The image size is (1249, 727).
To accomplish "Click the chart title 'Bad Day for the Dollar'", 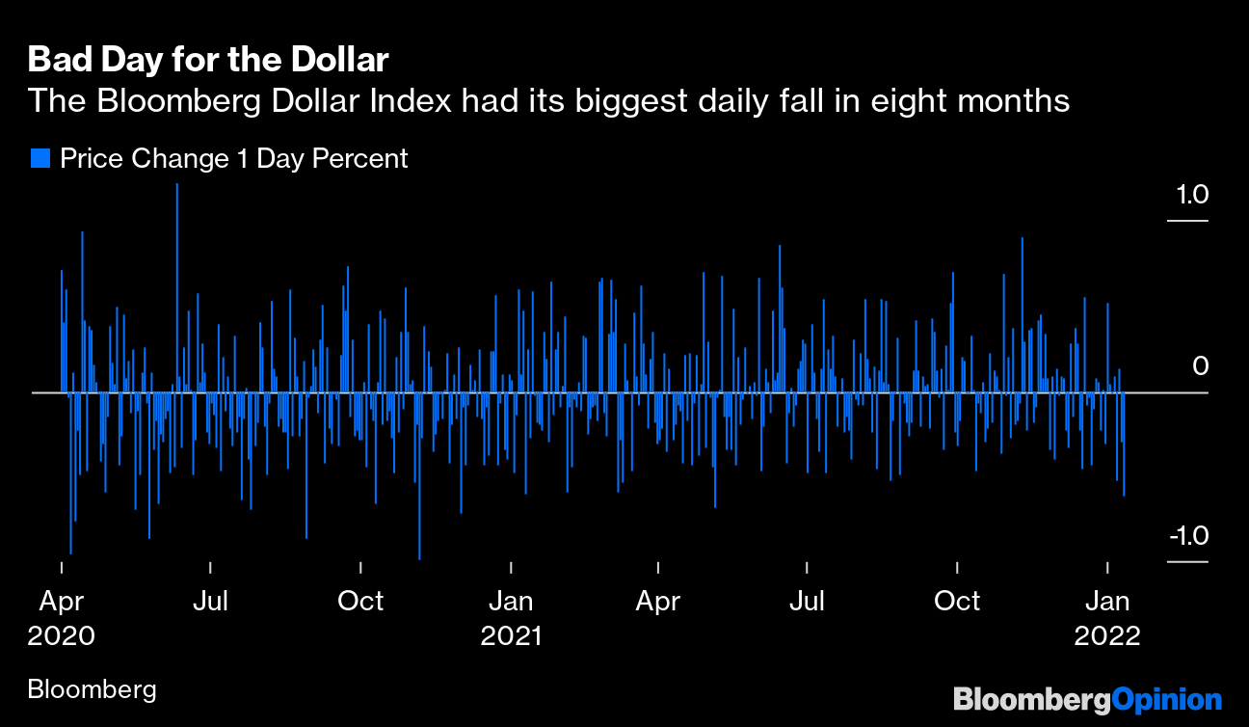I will pyautogui.click(x=208, y=60).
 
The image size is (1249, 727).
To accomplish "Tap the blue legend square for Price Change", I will pyautogui.click(x=40, y=158).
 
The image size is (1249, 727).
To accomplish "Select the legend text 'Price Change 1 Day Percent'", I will pyautogui.click(x=234, y=158).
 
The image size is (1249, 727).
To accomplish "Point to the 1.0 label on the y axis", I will pyautogui.click(x=1191, y=195).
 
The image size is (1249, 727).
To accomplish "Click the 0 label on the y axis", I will pyautogui.click(x=1200, y=366).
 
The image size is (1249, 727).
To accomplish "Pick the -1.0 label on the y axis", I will pyautogui.click(x=1188, y=536).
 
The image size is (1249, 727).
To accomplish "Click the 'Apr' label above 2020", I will pyautogui.click(x=62, y=601).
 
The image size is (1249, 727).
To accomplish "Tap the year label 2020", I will pyautogui.click(x=62, y=636).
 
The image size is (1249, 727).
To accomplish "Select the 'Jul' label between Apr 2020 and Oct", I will pyautogui.click(x=210, y=601).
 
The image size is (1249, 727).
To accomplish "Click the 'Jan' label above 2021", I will pyautogui.click(x=511, y=601).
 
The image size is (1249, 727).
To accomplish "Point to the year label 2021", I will pyautogui.click(x=511, y=636).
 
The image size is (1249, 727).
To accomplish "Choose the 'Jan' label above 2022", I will pyautogui.click(x=1107, y=601).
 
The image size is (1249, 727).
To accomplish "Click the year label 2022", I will pyautogui.click(x=1107, y=636).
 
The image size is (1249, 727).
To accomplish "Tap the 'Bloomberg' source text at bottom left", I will pyautogui.click(x=93, y=689).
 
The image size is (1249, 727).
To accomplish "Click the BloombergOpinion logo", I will pyautogui.click(x=1087, y=699).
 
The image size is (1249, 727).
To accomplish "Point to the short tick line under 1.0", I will pyautogui.click(x=1187, y=221).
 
